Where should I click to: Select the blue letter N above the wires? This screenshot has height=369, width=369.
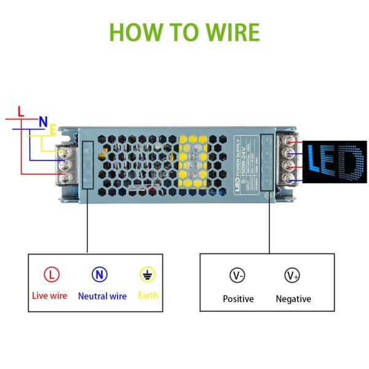(x=43, y=122)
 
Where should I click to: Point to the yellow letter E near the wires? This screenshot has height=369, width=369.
(x=53, y=130)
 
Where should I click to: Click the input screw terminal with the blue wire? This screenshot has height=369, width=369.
(x=63, y=164)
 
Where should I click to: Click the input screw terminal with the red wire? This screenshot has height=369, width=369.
(x=63, y=178)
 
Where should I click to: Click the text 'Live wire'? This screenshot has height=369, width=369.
(x=49, y=296)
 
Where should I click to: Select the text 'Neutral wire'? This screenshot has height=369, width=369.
(x=102, y=296)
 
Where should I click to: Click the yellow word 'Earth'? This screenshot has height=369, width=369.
(x=148, y=296)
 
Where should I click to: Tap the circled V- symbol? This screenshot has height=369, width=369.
(x=237, y=276)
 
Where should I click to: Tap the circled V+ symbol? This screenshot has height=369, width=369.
(x=292, y=276)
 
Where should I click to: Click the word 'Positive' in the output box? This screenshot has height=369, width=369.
(x=238, y=299)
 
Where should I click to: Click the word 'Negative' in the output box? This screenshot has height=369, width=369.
(x=293, y=299)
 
